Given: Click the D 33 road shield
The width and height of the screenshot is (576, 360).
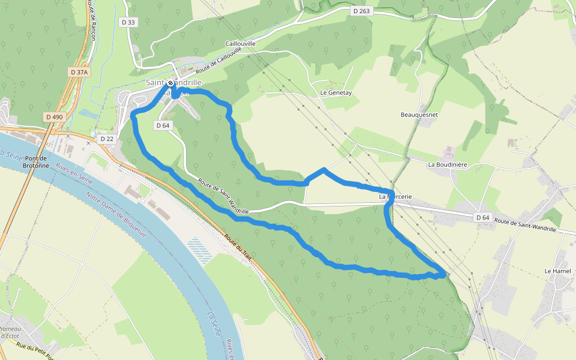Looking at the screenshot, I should pos(128,22).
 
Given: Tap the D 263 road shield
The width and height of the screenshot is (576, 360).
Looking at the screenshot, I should pos(362,11).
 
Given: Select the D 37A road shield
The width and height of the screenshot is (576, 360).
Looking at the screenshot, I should pos(79,72).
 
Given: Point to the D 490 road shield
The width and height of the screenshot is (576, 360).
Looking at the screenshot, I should pos(54,116).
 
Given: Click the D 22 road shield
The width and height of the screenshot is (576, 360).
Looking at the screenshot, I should pos(107,139).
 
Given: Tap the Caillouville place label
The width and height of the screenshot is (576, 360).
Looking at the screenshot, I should pos(241,44).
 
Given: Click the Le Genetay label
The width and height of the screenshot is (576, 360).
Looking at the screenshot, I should pos(335,93).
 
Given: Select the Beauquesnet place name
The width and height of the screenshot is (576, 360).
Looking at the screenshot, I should pos(419,114).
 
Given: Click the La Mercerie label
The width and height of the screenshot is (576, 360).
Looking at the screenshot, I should pos(394,196).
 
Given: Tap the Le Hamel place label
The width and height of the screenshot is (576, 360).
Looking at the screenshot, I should pos(557,271).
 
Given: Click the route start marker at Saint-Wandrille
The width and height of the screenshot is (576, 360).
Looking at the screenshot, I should pos(170,83).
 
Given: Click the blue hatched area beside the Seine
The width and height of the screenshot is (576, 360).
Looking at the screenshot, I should pos(200,250).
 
